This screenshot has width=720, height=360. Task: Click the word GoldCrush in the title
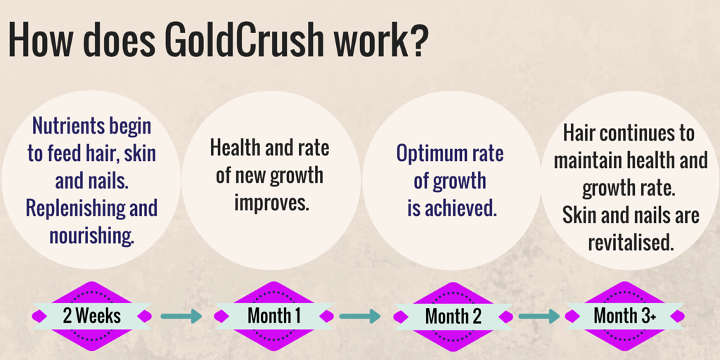[x=245, y=41]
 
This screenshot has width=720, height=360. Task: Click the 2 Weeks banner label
[x=91, y=316]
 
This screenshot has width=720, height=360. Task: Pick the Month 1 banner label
[x=274, y=316]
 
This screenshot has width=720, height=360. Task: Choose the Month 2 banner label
[x=454, y=316]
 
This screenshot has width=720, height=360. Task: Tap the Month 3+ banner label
[x=624, y=316]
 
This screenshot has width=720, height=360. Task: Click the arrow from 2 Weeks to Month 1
[x=181, y=316]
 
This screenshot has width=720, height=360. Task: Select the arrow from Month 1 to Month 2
[x=359, y=316]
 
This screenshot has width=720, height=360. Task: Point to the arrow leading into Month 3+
[x=539, y=316]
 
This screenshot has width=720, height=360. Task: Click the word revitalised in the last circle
[x=631, y=243]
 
